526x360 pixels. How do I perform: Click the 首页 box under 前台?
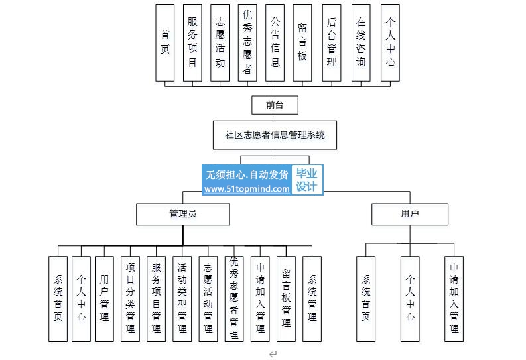[x=164, y=42]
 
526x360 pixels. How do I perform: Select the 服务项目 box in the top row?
[x=192, y=42]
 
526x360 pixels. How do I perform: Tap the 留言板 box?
[x=302, y=42]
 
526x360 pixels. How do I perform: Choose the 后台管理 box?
[x=332, y=42]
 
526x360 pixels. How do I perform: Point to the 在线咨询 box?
[x=361, y=42]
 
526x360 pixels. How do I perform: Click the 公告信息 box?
[x=275, y=42]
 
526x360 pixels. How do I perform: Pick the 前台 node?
[x=275, y=105]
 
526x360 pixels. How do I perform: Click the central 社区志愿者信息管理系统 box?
[x=275, y=135]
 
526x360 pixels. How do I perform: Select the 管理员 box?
[x=183, y=214]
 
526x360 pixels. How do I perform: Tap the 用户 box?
[x=410, y=214]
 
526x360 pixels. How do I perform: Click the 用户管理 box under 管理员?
[x=104, y=299]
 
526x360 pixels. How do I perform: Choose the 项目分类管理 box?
[x=130, y=299]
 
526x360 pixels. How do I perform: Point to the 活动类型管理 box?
[x=182, y=299]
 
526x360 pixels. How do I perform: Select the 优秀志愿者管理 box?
[x=234, y=299]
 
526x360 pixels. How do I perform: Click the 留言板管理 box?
[x=286, y=299]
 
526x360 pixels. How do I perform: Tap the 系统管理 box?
[x=312, y=299]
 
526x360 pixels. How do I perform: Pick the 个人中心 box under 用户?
[x=410, y=299]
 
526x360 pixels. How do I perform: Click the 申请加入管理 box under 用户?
[x=454, y=299]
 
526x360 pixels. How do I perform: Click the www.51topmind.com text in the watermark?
[x=247, y=189]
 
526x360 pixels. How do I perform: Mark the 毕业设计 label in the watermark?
[x=306, y=180]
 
